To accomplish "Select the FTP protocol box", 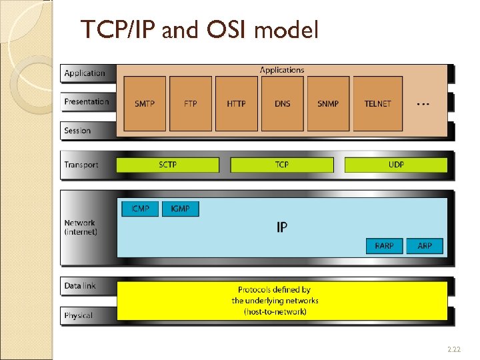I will [191, 103].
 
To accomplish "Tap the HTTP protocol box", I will [237, 103].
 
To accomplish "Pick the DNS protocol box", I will [282, 103].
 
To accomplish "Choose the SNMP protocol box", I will [328, 103].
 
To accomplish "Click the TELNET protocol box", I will [377, 103].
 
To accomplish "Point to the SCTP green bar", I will [167, 165].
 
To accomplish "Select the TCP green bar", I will [282, 165].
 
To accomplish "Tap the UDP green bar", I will [396, 165].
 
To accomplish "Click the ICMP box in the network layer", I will [140, 209].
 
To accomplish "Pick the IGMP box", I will [180, 209].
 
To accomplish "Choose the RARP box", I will [384, 246].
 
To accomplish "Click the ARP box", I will [425, 246].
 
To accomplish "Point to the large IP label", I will [282, 227].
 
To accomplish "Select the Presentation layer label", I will [87, 102].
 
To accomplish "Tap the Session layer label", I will [77, 131].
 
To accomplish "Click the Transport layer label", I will [81, 165].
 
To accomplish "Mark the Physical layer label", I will [79, 315].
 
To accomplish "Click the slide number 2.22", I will [453, 349].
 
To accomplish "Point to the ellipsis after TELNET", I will [422, 104].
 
